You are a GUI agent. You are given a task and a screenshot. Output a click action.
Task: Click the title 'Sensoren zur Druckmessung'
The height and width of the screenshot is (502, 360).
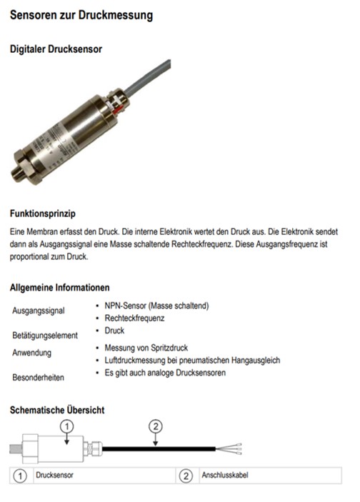pyautogui.click(x=81, y=14)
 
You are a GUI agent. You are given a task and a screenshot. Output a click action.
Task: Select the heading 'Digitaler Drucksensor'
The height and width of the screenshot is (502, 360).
pyautogui.click(x=56, y=49)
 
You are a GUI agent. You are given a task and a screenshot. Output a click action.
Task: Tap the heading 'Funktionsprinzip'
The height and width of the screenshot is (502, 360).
pyautogui.click(x=42, y=214)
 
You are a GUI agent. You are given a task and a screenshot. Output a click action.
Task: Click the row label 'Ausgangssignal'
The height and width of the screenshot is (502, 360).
pyautogui.click(x=39, y=311)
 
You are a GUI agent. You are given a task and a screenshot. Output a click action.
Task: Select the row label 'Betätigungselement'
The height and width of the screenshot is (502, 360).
pyautogui.click(x=45, y=334)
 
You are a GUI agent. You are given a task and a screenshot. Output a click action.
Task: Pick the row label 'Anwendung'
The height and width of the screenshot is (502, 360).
pyautogui.click(x=31, y=353)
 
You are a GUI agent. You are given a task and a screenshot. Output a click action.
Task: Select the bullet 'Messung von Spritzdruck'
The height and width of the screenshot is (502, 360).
pyautogui.click(x=147, y=348)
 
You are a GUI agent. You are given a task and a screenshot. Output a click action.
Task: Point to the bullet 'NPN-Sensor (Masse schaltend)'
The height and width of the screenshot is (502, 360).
pyautogui.click(x=156, y=306)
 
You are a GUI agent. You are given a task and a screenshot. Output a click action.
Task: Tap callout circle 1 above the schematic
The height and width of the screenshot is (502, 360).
pyautogui.click(x=66, y=426)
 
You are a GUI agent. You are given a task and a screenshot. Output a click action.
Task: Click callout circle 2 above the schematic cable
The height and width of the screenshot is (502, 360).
pyautogui.click(x=156, y=426)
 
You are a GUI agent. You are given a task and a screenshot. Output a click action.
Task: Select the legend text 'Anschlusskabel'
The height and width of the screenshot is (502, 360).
pyautogui.click(x=226, y=475)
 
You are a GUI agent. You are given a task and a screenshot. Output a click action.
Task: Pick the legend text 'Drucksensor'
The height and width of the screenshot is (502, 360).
pyautogui.click(x=56, y=475)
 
